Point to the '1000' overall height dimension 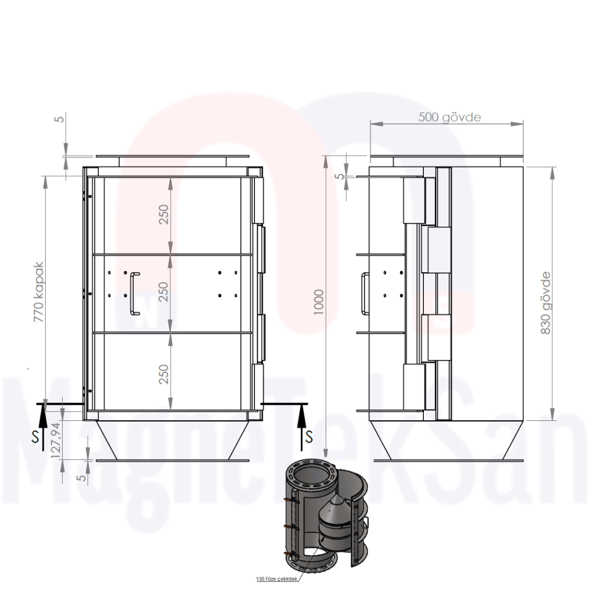pyautogui.click(x=320, y=303)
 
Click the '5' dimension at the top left pyautogui.click(x=59, y=118)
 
